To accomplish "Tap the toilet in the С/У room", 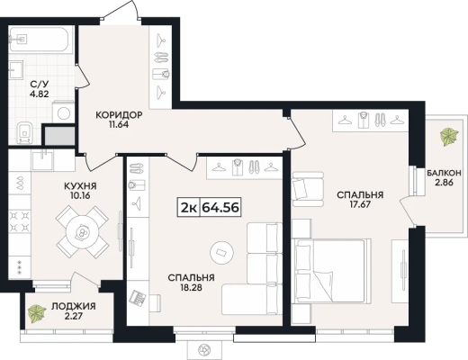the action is pyautogui.click(x=24, y=132).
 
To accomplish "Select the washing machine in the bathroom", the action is pyautogui.click(x=63, y=113).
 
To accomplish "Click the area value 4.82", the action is pyautogui.click(x=39, y=94).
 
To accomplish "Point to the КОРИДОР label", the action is pyautogui.click(x=119, y=115).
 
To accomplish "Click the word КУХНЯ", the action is pyautogui.click(x=80, y=186).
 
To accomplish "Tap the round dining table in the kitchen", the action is pyautogui.click(x=82, y=231).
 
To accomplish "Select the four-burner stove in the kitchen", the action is pyautogui.click(x=20, y=221).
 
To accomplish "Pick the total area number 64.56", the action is pyautogui.click(x=220, y=207).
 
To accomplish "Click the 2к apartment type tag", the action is pyautogui.click(x=188, y=207).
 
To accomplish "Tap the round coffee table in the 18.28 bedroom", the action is pyautogui.click(x=221, y=253).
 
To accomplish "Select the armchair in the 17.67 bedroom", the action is pyautogui.click(x=308, y=189).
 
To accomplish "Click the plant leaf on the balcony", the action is pyautogui.click(x=449, y=137).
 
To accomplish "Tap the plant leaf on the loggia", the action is pyautogui.click(x=37, y=314).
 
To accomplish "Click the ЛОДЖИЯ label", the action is pyautogui.click(x=74, y=306).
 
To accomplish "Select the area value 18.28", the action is pyautogui.click(x=191, y=287).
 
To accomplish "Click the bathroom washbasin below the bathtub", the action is pyautogui.click(x=16, y=70).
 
